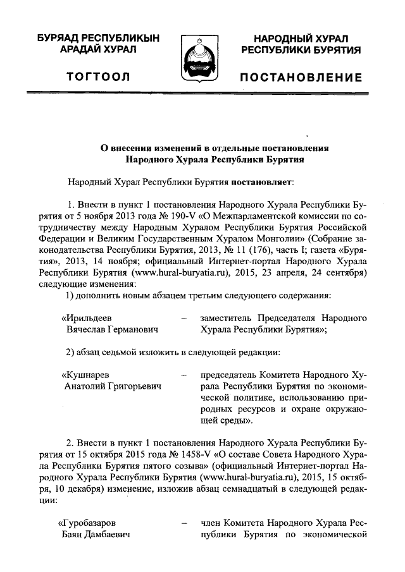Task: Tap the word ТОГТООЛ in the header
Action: point(102,78)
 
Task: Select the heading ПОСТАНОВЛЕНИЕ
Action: point(301,78)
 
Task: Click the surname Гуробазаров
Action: point(88,523)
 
